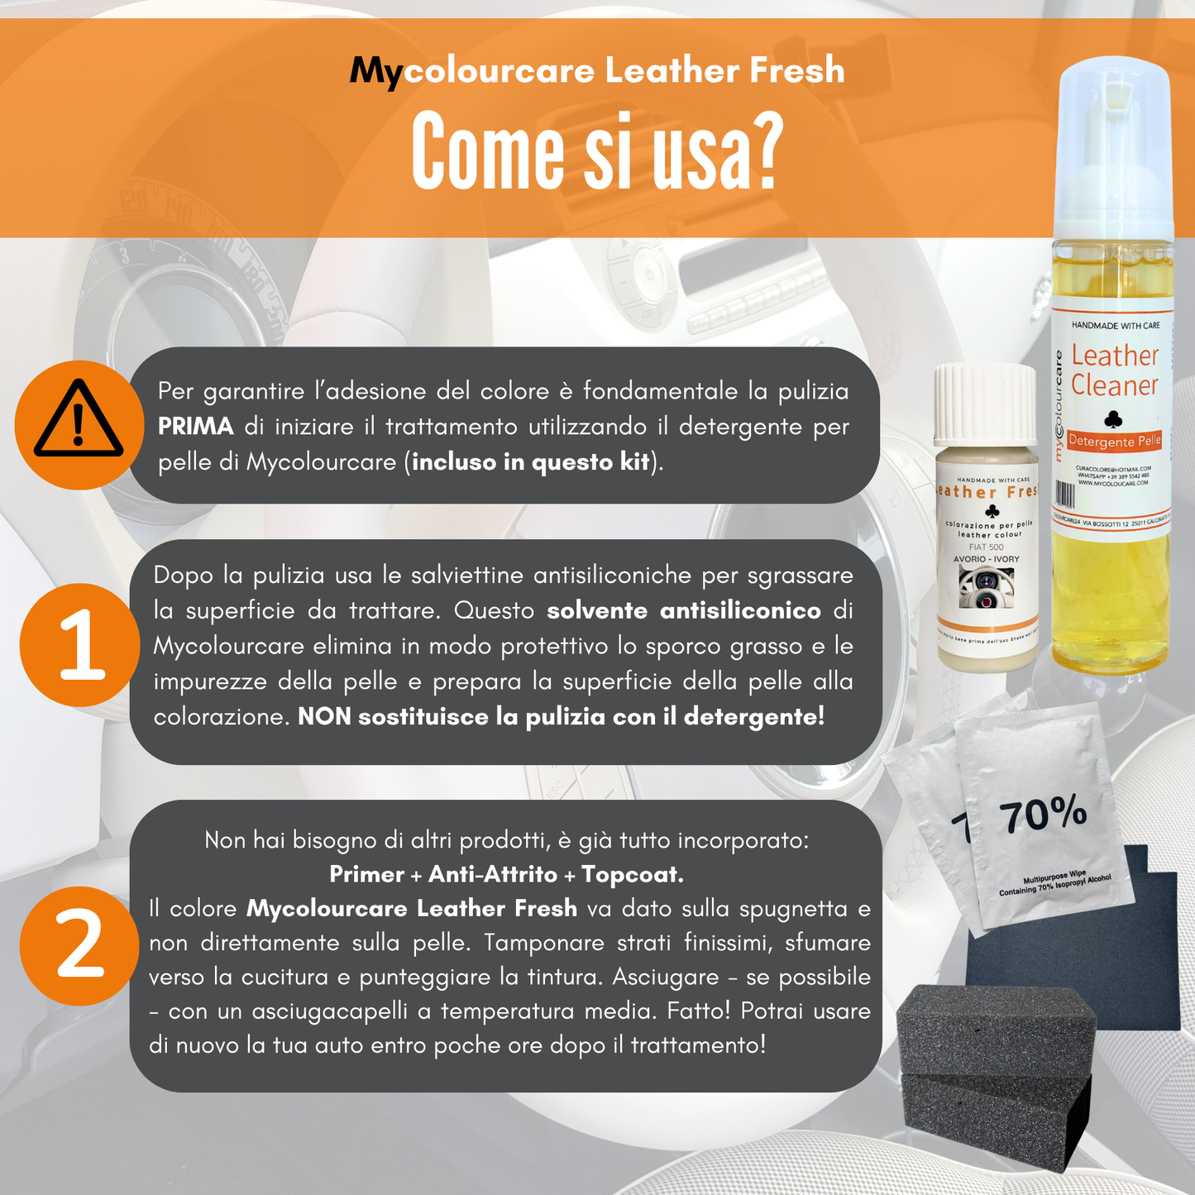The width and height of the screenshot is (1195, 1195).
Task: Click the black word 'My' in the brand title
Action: [x=375, y=71]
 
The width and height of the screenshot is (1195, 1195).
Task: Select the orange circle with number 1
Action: [x=80, y=645]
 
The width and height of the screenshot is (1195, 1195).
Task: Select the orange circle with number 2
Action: [x=79, y=945]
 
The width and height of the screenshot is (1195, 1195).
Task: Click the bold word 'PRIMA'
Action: [x=196, y=427]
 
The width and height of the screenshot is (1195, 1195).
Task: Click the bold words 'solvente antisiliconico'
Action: [x=684, y=611]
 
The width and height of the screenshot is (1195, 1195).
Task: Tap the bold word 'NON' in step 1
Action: [x=324, y=716]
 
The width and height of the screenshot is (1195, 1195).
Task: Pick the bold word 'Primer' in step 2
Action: [x=366, y=874]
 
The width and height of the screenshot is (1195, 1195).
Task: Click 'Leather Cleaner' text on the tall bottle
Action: [x=1115, y=370]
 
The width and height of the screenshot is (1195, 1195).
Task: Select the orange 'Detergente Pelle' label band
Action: [x=1114, y=441]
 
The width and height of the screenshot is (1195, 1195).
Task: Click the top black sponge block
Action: [x=996, y=1030]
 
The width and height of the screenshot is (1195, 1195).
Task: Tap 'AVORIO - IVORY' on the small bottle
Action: [x=987, y=559]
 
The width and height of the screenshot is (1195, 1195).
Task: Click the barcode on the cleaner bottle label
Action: [x=1066, y=495]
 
